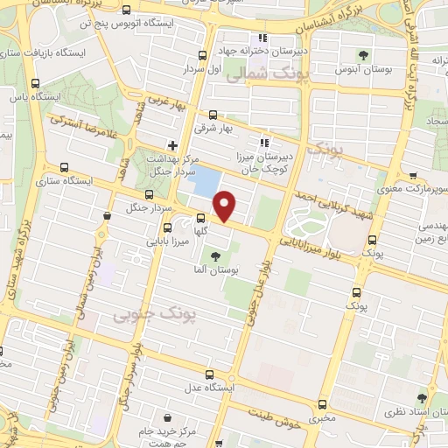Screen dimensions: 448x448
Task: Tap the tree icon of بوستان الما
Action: click(x=216, y=256)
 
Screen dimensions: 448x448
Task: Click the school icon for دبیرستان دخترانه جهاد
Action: click(x=262, y=38)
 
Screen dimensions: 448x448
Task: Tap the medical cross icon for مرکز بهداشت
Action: click(x=173, y=145)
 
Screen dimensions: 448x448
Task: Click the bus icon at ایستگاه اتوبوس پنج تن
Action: click(x=128, y=11)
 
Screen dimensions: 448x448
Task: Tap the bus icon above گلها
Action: click(x=200, y=220)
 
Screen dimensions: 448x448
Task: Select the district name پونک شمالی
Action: click(x=255, y=77)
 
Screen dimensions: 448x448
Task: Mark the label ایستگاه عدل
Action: click(x=205, y=387)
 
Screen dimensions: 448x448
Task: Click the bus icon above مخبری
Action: click(x=323, y=404)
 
